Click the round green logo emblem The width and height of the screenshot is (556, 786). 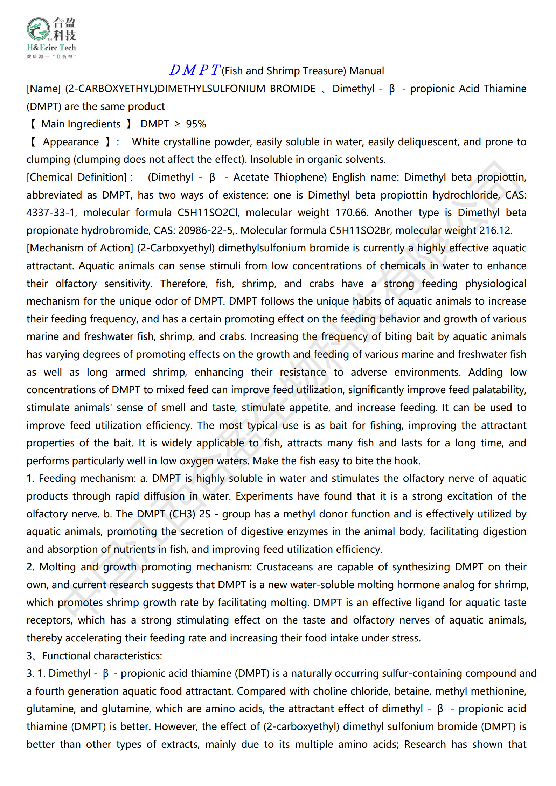(39, 29)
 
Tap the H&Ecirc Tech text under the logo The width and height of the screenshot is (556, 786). (51, 48)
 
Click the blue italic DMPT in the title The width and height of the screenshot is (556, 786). (195, 70)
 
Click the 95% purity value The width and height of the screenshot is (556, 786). (196, 124)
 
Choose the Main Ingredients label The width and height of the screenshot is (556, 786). (81, 124)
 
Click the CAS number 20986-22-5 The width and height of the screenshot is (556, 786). (206, 230)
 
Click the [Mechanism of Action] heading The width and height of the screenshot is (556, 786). (80, 248)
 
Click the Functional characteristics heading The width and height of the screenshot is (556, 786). (102, 655)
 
